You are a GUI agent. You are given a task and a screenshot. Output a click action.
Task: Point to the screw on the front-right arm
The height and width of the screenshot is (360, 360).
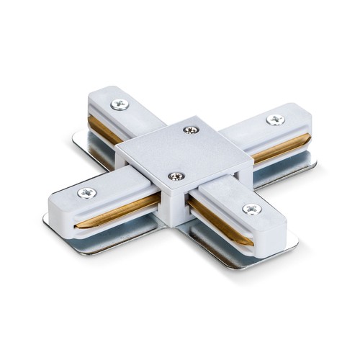[251, 209]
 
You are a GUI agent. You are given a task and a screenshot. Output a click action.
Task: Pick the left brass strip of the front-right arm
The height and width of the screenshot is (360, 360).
[209, 216]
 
